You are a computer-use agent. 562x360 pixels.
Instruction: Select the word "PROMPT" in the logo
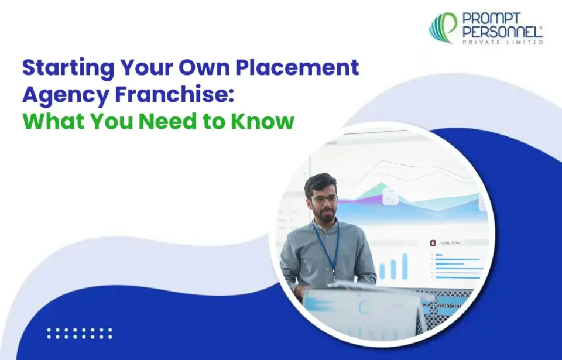tap(488, 19)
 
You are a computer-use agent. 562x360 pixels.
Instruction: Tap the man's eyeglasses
tap(324, 200)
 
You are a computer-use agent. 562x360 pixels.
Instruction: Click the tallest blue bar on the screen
tap(405, 266)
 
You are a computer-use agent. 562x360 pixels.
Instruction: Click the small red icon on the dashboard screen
tap(433, 242)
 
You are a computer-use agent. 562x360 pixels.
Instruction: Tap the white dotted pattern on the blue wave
tap(79, 333)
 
